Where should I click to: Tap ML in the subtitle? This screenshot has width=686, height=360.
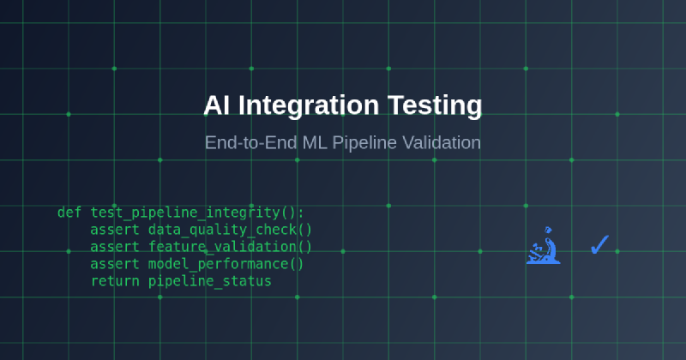(313, 142)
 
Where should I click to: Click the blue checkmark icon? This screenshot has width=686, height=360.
(599, 246)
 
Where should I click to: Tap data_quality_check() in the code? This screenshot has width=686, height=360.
(230, 230)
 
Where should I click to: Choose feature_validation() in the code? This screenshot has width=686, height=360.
(230, 247)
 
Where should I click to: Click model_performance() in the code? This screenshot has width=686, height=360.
(226, 264)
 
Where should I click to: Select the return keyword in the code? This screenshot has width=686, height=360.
(115, 281)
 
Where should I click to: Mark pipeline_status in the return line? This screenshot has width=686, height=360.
(209, 281)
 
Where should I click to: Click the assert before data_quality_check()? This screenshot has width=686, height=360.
(115, 230)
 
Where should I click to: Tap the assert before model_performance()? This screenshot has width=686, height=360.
(115, 264)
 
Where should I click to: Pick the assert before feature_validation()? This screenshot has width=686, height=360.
(115, 247)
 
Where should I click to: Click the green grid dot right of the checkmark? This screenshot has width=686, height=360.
(617, 251)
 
